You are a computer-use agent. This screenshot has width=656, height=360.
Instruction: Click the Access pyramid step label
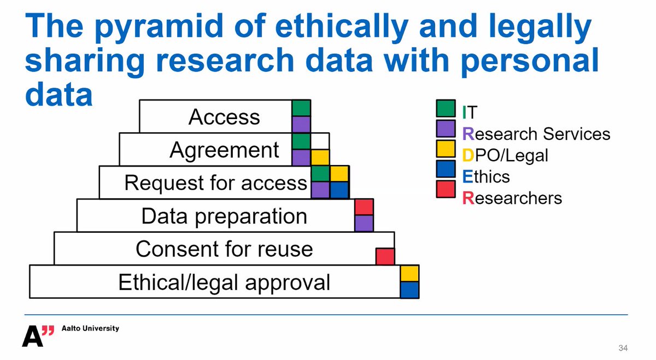click(x=224, y=117)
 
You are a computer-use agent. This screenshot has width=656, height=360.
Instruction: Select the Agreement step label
click(x=224, y=150)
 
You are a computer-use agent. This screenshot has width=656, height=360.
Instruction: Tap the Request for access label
click(x=215, y=182)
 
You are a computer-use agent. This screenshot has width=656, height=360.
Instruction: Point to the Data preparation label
click(x=224, y=216)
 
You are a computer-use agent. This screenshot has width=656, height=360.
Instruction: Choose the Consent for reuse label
click(x=224, y=249)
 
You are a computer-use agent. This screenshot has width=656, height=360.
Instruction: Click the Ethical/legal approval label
click(x=224, y=282)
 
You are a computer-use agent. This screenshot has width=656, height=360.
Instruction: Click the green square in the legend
click(x=446, y=109)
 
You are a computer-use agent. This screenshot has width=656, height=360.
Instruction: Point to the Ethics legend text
click(x=485, y=176)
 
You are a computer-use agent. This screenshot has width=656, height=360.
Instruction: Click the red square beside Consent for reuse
click(x=385, y=256)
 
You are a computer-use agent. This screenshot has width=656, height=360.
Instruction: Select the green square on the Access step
click(x=301, y=108)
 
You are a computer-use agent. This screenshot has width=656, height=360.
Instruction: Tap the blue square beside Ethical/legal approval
click(x=409, y=290)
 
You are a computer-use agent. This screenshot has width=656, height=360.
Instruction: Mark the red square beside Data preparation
click(x=364, y=208)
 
